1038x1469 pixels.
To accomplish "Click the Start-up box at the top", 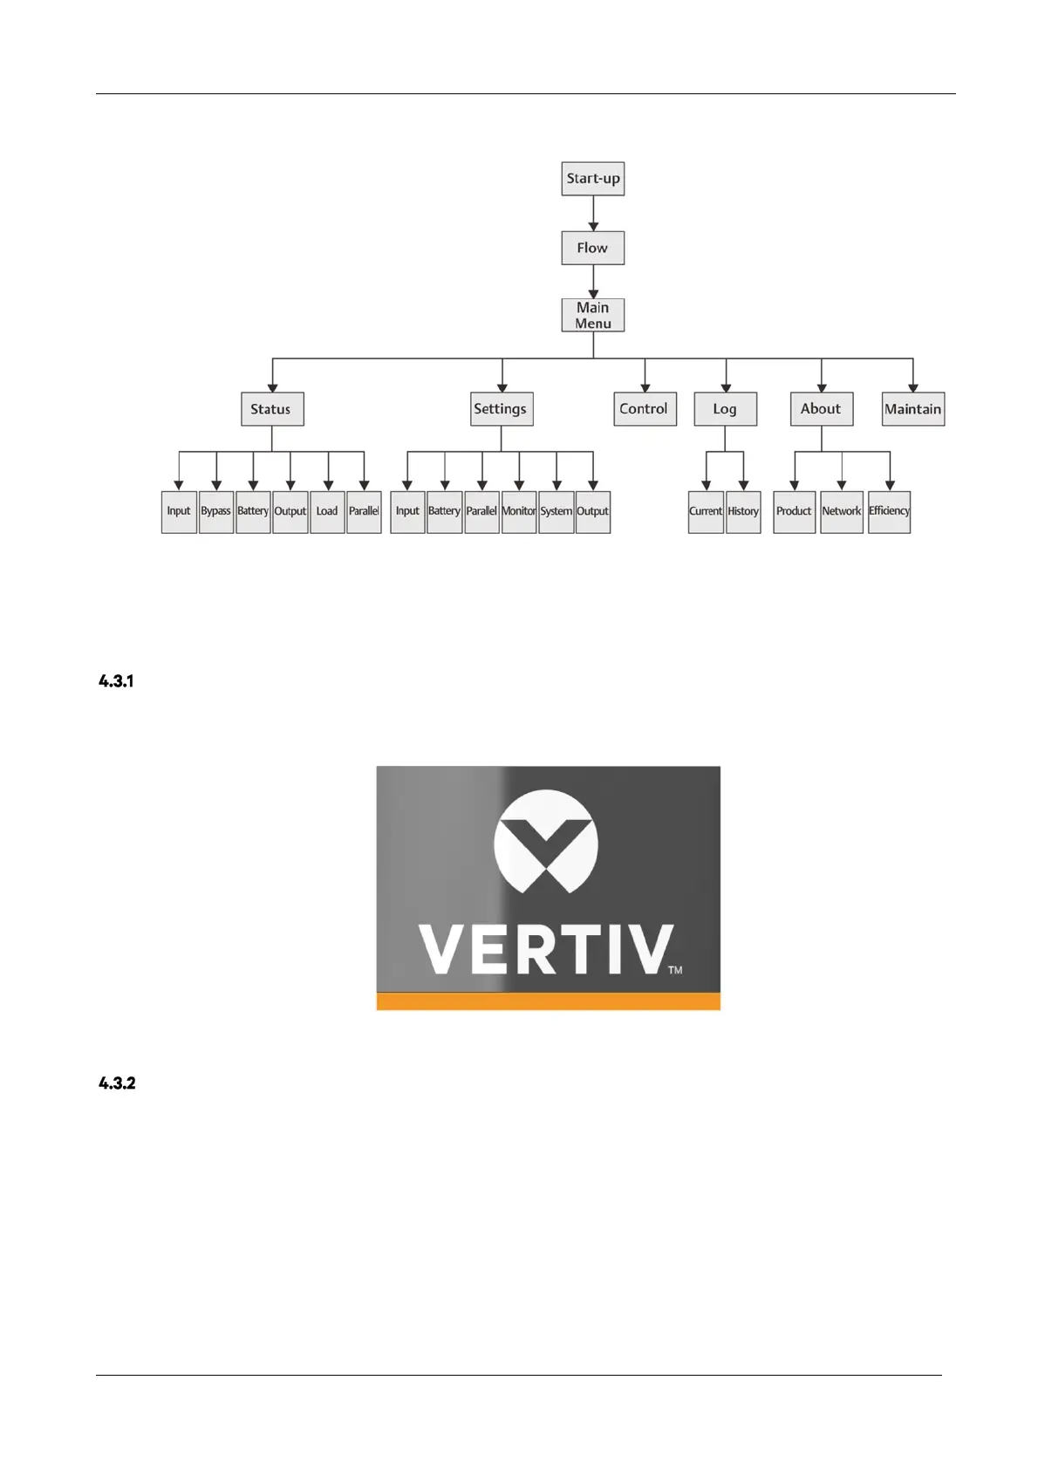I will pyautogui.click(x=592, y=179).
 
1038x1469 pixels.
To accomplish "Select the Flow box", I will pyautogui.click(x=592, y=248).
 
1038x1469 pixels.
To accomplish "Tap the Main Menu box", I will pyautogui.click(x=592, y=315).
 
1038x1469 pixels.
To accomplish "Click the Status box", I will pyautogui.click(x=272, y=409).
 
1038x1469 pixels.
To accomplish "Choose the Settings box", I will pyautogui.click(x=501, y=409).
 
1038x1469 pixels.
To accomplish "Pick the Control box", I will pyautogui.click(x=645, y=409).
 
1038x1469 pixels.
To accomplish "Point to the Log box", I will pyautogui.click(x=725, y=409).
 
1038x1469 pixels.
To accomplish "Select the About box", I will pyautogui.click(x=821, y=409).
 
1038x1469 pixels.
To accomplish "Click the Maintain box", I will pyautogui.click(x=912, y=409).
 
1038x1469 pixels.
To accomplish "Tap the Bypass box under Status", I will pyautogui.click(x=216, y=512).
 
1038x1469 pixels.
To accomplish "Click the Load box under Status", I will pyautogui.click(x=327, y=512).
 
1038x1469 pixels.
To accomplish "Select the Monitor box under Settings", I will pyautogui.click(x=519, y=512).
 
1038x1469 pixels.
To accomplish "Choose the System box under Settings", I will pyautogui.click(x=556, y=512).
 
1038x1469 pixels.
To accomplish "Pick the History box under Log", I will pyautogui.click(x=743, y=512).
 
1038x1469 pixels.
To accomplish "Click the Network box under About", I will pyautogui.click(x=842, y=512).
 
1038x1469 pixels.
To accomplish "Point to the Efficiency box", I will pyautogui.click(x=889, y=512).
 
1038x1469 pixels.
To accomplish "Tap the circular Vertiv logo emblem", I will pyautogui.click(x=546, y=841).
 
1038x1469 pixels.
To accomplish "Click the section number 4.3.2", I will pyautogui.click(x=117, y=1083).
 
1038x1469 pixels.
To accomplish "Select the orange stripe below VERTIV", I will pyautogui.click(x=548, y=1001).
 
